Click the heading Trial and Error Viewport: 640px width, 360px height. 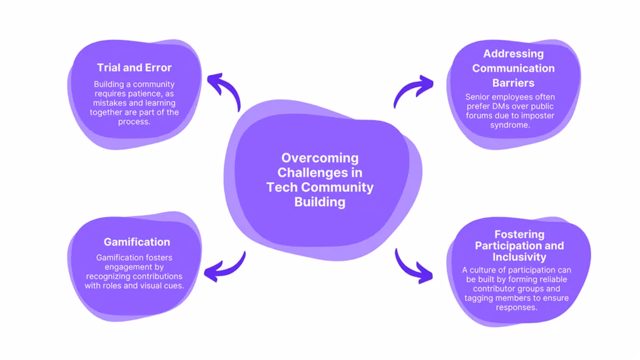coord(135,68)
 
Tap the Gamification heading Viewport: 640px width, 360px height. coord(137,242)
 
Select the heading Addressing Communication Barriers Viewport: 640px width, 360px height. coord(514,68)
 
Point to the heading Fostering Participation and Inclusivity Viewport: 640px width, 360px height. coord(519,245)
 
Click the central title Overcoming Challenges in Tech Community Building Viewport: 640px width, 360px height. coord(320,180)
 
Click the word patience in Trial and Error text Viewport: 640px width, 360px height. coord(146,93)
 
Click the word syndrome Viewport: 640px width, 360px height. coord(510,125)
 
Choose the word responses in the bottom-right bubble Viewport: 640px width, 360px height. coord(516,307)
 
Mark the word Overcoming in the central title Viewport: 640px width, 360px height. coord(320,158)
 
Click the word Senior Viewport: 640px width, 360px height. coord(477,97)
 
